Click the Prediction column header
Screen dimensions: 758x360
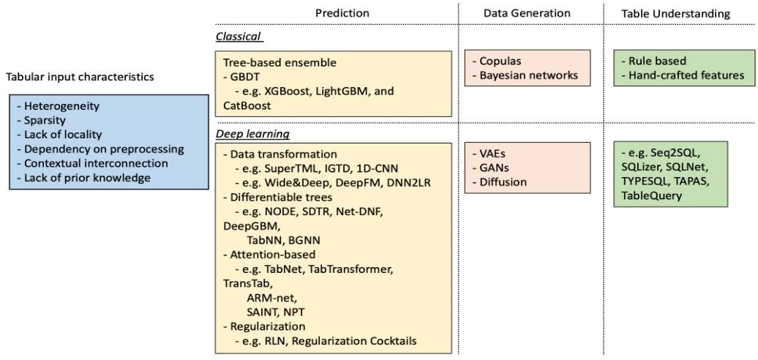pyautogui.click(x=342, y=13)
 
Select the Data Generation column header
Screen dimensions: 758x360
pyautogui.click(x=527, y=13)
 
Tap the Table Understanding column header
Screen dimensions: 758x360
pyautogui.click(x=675, y=13)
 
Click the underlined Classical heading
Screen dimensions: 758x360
pyautogui.click(x=239, y=37)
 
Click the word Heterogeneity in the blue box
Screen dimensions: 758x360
pyautogui.click(x=56, y=105)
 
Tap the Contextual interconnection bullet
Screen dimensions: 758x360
pyautogui.click(x=92, y=163)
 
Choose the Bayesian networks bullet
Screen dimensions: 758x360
pyautogui.click(x=525, y=75)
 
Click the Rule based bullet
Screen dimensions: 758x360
pyautogui.click(x=656, y=61)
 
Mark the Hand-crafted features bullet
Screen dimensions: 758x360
pyautogui.click(x=683, y=75)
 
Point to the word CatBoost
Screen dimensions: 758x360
pyautogui.click(x=244, y=105)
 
